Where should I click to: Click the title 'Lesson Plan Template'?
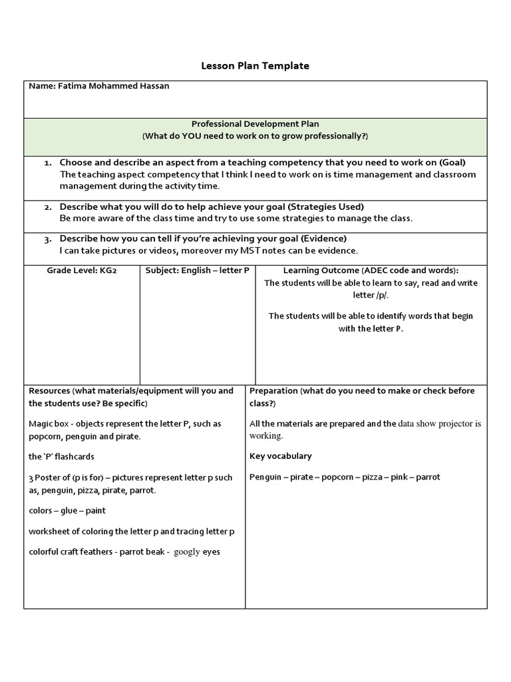255,66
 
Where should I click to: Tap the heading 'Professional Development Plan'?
255,124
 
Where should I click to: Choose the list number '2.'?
49,207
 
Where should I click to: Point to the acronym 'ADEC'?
376,270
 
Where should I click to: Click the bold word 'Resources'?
49,391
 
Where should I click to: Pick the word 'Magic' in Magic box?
41,424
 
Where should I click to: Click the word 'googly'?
187,551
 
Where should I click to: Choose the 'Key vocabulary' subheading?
280,456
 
